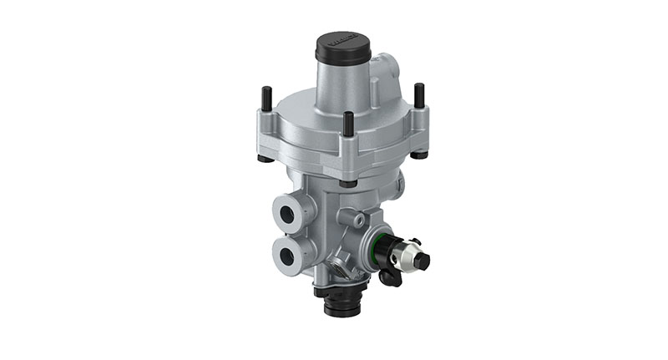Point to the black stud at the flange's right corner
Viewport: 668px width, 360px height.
pos(418,95)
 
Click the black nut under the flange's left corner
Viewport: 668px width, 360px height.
pos(264,158)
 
